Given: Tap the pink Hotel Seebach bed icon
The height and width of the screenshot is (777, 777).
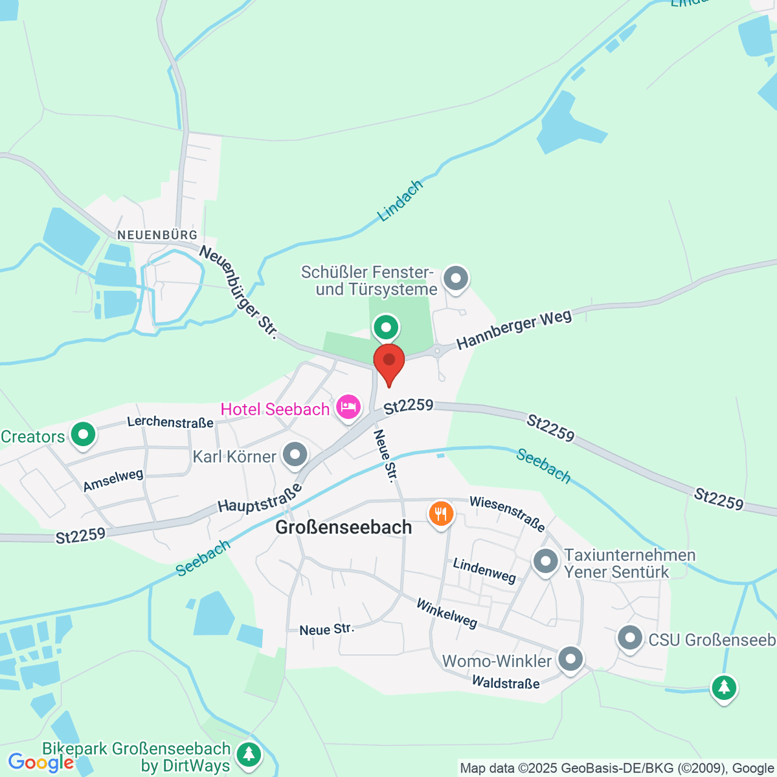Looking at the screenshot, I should pos(348,407).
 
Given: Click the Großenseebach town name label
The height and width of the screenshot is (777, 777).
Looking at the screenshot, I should pos(344,527).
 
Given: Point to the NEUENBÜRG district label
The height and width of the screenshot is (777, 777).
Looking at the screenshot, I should pos(157,234).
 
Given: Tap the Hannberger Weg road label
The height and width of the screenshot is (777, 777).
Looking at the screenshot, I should pos(514,330).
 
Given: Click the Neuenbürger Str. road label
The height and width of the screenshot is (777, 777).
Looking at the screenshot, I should pos(238,292).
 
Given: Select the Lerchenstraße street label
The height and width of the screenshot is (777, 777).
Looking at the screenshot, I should pos(170,422).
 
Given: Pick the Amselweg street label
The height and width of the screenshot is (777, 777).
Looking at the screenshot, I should pos(113,480).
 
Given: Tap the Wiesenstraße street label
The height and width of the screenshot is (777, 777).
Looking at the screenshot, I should pos(508,513).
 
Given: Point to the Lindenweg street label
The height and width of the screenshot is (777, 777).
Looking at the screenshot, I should pos(484,570).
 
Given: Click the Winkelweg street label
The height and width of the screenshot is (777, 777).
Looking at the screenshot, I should pos(447,613).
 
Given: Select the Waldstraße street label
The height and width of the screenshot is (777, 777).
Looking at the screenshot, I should pos(506,682).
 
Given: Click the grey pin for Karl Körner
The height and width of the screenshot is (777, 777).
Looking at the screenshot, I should pos(295,455).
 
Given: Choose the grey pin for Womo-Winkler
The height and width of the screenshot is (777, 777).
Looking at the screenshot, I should pos(570,660).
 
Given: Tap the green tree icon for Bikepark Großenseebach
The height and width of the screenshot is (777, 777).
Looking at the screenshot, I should pos(248,754).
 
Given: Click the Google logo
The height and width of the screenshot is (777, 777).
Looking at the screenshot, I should pos(40,763).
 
